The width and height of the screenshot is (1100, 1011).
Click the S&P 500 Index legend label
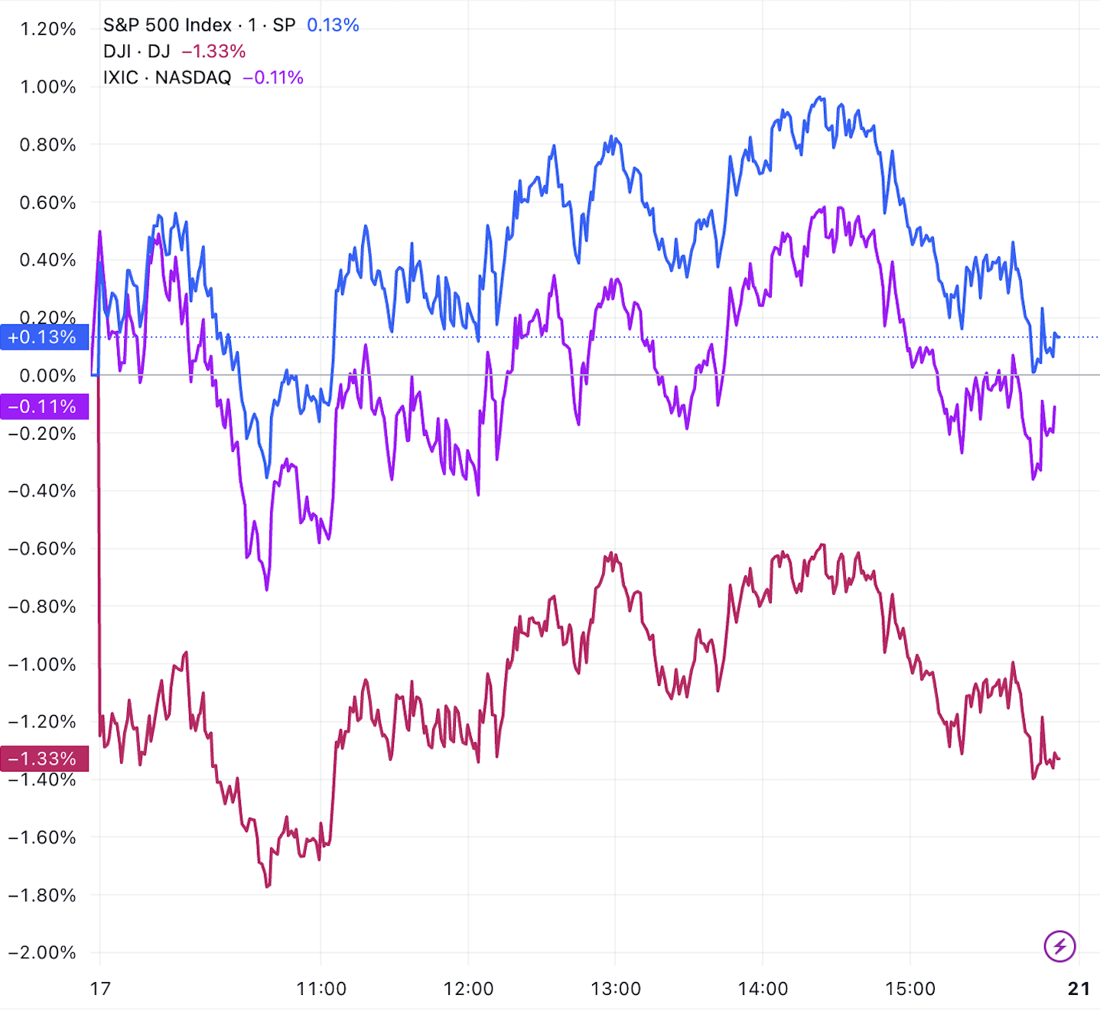point(167,25)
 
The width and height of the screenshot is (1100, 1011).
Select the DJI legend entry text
point(136,51)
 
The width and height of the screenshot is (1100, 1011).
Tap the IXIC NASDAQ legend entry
point(167,77)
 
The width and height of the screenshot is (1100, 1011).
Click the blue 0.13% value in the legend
point(333,25)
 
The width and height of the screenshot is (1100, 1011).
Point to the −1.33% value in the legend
point(213,51)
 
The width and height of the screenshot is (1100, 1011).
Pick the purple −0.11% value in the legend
point(273,77)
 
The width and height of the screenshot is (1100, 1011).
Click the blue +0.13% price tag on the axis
point(44,337)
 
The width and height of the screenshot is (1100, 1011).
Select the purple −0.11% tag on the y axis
point(44,406)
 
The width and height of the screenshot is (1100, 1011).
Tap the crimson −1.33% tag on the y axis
point(44,759)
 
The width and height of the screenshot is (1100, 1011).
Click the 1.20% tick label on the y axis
point(47,29)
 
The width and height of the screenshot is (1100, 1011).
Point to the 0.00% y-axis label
point(47,375)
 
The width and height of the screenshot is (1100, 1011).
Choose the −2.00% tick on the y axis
point(42,953)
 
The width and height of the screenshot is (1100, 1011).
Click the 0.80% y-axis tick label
point(47,145)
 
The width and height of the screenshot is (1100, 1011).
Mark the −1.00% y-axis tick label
point(42,664)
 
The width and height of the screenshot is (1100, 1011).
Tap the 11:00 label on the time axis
point(321,989)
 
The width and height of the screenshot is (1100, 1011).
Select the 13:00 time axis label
point(616,989)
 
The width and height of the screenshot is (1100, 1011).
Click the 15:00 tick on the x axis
point(910,989)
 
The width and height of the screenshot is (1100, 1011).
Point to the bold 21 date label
point(1079,989)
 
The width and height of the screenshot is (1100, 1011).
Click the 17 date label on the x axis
point(100,989)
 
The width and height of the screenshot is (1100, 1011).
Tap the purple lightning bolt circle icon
point(1059,947)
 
